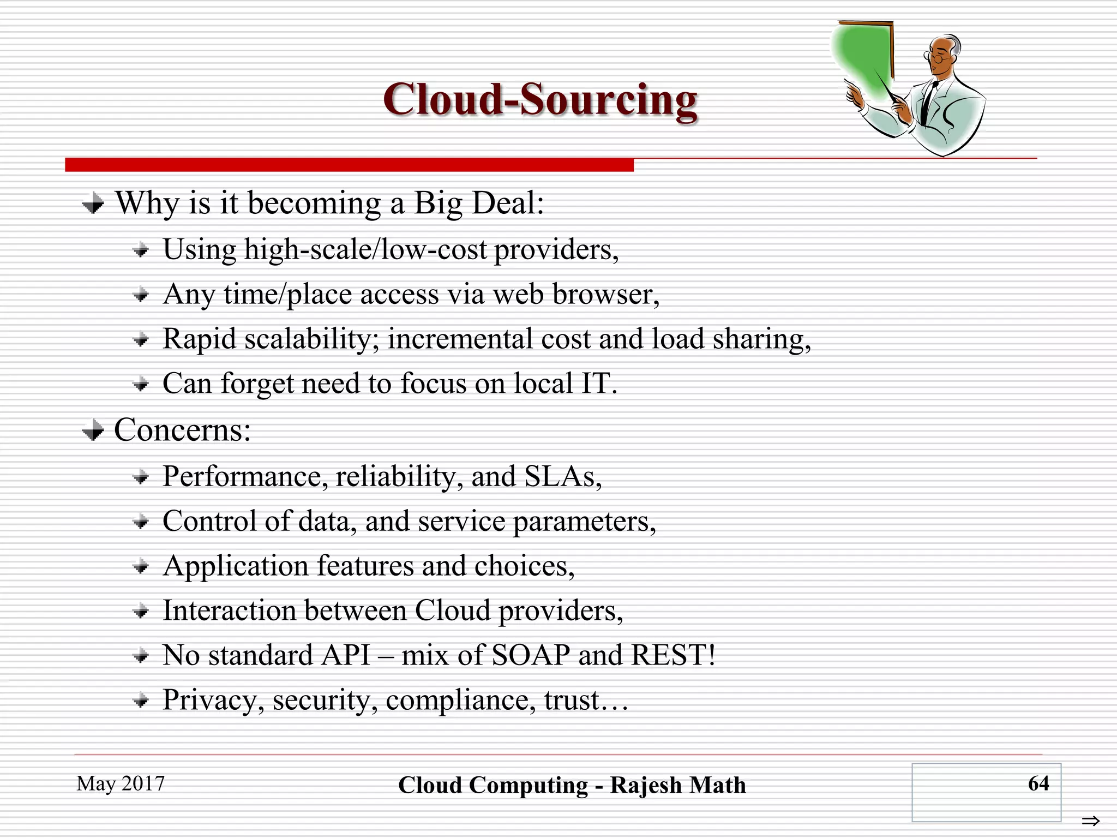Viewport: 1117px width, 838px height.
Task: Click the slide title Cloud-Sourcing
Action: [540, 100]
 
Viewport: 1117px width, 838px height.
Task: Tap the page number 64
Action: [1038, 783]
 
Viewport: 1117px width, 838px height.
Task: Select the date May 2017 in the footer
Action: [121, 783]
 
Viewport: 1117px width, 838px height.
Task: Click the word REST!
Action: [672, 655]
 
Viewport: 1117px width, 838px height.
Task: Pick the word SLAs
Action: [562, 476]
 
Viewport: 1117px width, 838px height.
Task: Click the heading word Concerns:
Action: [182, 430]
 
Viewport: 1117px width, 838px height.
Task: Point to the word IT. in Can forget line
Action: [599, 383]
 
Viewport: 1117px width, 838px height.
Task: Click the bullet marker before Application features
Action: [141, 567]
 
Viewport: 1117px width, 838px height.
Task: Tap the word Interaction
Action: [230, 610]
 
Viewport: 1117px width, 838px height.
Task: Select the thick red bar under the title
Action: [349, 165]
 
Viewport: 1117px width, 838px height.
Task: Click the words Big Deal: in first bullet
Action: [478, 203]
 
